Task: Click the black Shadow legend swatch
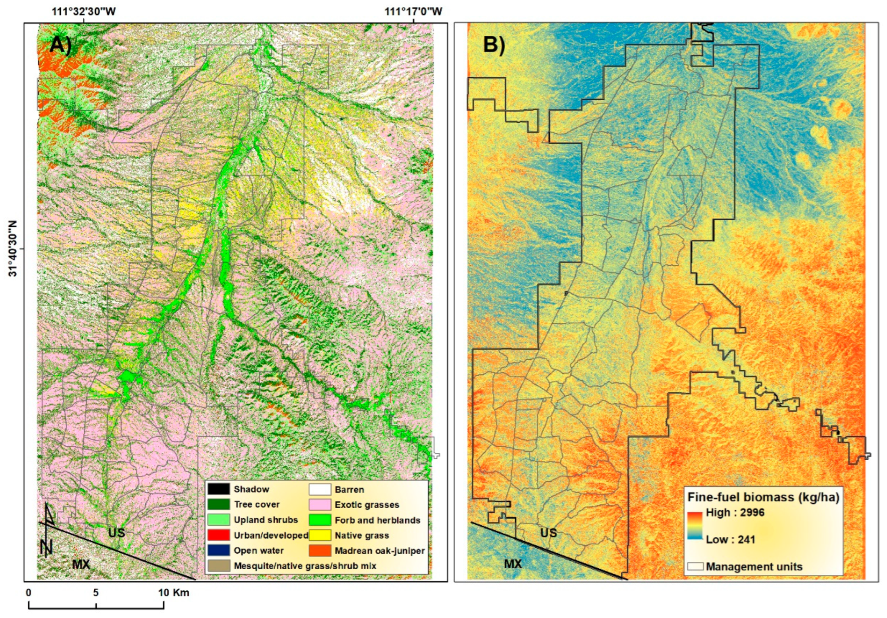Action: (218, 489)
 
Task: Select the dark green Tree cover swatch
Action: (218, 504)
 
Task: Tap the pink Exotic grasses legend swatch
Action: (320, 504)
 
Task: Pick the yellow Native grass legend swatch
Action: (320, 535)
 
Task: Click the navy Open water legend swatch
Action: (218, 551)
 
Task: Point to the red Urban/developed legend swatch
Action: (218, 535)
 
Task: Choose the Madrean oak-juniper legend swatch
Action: (320, 551)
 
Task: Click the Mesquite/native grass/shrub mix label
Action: (305, 566)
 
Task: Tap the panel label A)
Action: (61, 45)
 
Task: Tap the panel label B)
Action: (494, 45)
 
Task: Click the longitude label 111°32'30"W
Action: (84, 11)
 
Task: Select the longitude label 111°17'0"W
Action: (413, 11)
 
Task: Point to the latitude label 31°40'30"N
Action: (13, 249)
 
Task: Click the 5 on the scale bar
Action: (96, 592)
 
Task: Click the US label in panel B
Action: (548, 533)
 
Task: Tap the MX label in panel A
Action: (81, 564)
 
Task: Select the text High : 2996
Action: (735, 513)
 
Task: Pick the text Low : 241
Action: (730, 540)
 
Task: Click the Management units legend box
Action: (695, 566)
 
